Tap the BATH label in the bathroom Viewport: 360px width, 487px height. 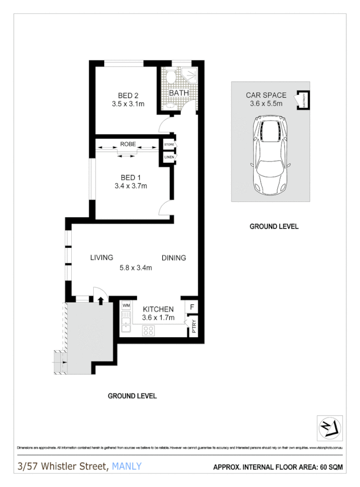pyautogui.click(x=179, y=93)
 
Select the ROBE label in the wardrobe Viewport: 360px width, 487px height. pyautogui.click(x=128, y=144)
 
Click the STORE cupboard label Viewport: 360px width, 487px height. pyautogui.click(x=169, y=145)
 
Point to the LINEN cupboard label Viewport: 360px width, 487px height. pyautogui.click(x=169, y=157)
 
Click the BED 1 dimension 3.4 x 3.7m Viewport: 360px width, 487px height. pyautogui.click(x=130, y=186)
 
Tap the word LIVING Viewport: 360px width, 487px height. pyautogui.click(x=102, y=257)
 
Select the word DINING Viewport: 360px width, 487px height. pyautogui.click(x=174, y=258)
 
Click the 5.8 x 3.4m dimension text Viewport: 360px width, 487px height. pyautogui.click(x=135, y=268)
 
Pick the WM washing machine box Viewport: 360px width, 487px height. pyautogui.click(x=126, y=305)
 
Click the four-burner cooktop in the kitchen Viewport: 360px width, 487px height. pyautogui.click(x=148, y=330)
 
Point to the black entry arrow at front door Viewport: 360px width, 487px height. pyautogui.click(x=100, y=299)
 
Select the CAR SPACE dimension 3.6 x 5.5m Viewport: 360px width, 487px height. pyautogui.click(x=266, y=104)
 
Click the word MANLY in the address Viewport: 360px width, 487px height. pyautogui.click(x=127, y=467)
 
